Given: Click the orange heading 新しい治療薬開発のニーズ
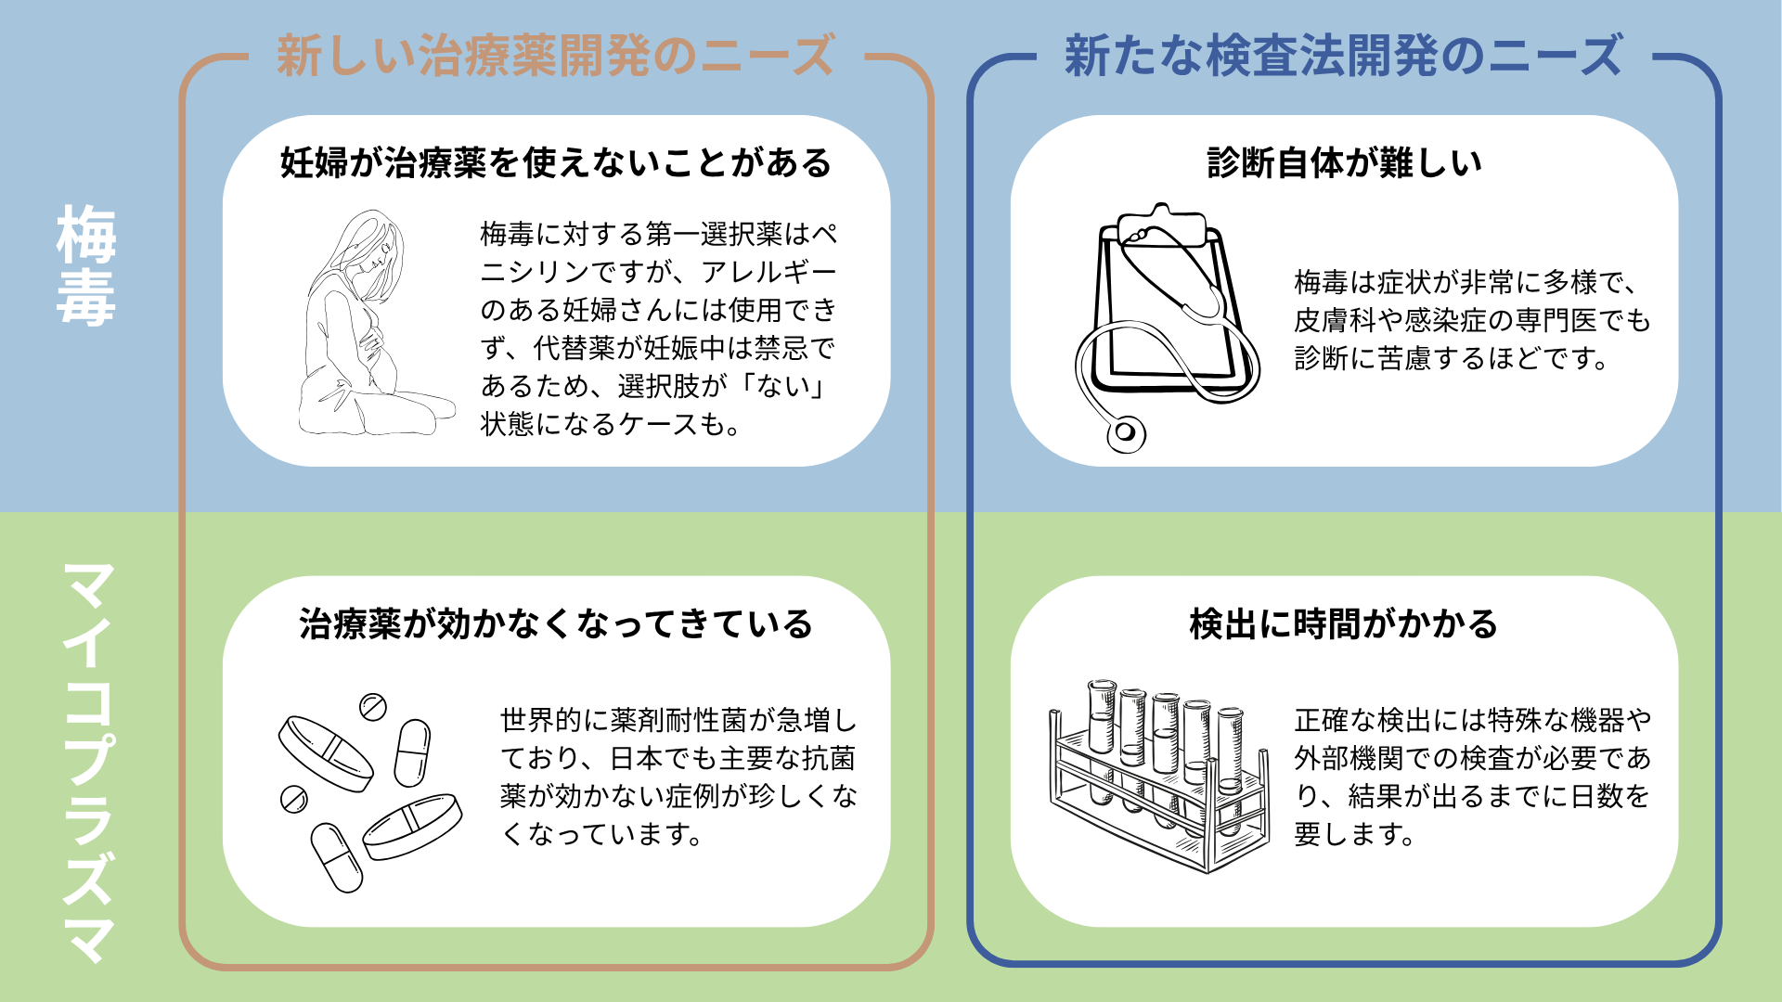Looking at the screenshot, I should (555, 56).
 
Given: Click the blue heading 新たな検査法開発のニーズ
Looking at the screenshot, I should (1343, 56).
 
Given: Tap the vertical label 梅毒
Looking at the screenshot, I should (85, 265).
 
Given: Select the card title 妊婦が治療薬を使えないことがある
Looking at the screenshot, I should (556, 163).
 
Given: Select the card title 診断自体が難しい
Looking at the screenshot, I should (1344, 163).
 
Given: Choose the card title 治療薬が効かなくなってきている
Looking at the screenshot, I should (556, 623).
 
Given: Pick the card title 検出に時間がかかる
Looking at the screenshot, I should (1344, 623).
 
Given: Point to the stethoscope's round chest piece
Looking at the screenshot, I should (1126, 432).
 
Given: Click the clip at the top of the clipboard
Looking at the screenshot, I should (1161, 223).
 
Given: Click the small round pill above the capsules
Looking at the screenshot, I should (372, 707).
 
